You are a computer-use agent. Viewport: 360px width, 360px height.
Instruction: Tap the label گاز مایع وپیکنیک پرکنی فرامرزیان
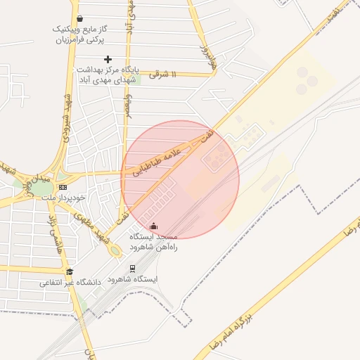[79, 34]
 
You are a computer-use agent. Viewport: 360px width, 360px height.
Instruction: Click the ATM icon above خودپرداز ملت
[63, 187]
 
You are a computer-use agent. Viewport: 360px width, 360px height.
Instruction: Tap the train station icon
[132, 269]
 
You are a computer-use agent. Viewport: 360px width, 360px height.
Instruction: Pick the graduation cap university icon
[70, 271]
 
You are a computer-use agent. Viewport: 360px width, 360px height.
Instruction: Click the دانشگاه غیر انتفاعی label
[70, 283]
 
